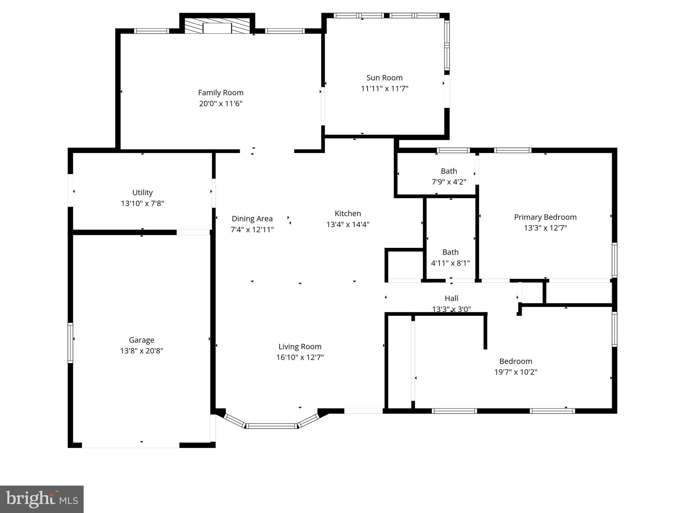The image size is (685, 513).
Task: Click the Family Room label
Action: tap(220, 93)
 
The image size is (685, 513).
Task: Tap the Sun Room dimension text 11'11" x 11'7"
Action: tap(384, 89)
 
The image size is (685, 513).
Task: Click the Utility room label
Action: tap(142, 192)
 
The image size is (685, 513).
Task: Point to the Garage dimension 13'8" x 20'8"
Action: tap(141, 351)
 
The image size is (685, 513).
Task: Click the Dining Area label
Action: tap(252, 218)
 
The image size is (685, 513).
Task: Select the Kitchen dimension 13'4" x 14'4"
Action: tap(348, 224)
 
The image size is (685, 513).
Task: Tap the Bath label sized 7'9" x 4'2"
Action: tap(449, 171)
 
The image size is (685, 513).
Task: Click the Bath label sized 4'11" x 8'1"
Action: tap(450, 252)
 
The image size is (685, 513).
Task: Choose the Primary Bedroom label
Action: tap(545, 217)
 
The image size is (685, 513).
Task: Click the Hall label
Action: tap(451, 298)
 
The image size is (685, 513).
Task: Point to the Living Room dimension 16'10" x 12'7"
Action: tap(300, 357)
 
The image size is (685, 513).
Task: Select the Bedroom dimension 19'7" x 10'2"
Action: tap(515, 372)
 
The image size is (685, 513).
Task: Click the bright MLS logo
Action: tap(42, 499)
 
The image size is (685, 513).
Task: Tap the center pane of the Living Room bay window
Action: tap(272, 426)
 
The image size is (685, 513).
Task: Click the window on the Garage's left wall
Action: tap(70, 343)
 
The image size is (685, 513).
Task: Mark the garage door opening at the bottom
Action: tap(130, 445)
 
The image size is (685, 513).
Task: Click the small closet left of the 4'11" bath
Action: tap(405, 265)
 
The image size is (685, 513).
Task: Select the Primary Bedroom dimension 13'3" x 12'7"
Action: tap(545, 228)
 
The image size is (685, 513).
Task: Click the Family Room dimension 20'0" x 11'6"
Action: tap(220, 104)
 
